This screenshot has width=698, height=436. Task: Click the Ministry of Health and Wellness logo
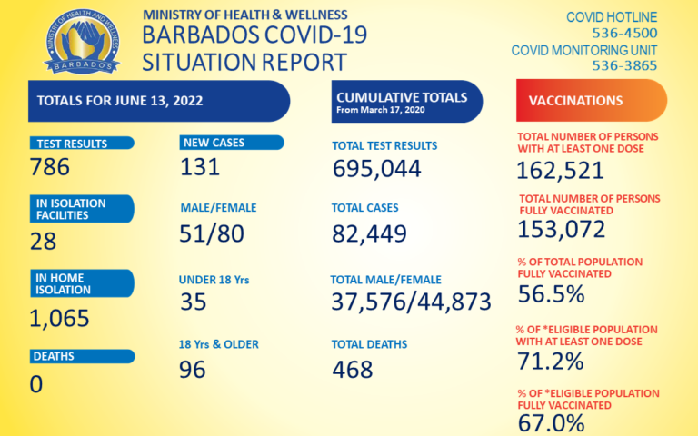[81, 43]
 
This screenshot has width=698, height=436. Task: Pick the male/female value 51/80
[212, 233]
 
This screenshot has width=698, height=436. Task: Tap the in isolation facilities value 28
[43, 241]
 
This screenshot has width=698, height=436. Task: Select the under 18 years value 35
[193, 302]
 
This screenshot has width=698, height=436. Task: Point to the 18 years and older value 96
[193, 369]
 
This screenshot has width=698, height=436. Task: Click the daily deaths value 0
[36, 383]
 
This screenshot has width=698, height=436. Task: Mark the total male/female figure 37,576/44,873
[412, 302]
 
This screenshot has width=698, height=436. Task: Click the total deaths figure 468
[353, 369]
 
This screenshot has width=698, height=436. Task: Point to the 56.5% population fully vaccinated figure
[550, 293]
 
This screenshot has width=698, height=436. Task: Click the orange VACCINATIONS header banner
[591, 100]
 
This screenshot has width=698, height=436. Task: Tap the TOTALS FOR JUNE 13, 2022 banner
[155, 100]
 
